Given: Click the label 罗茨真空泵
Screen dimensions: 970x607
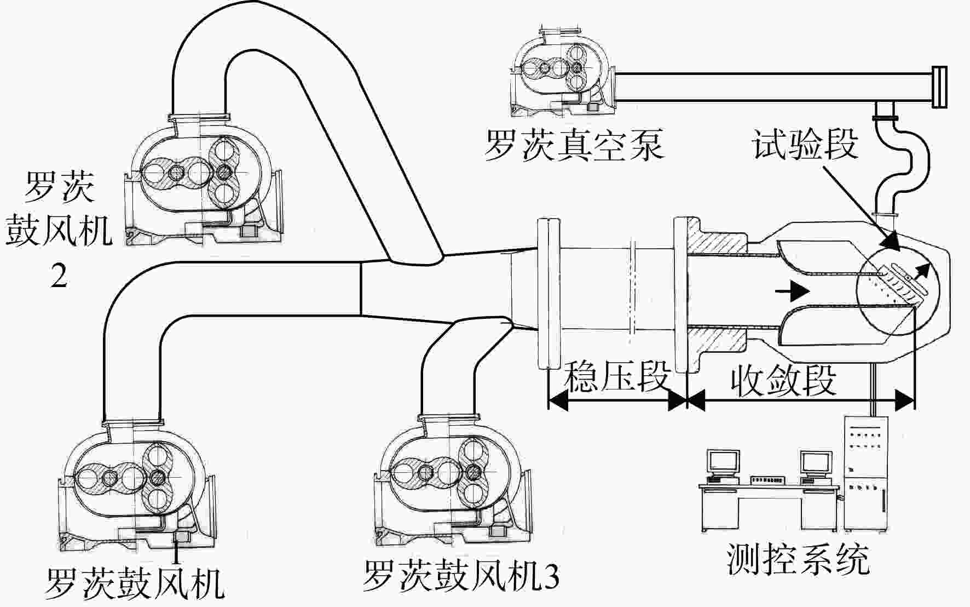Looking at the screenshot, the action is tap(574, 145).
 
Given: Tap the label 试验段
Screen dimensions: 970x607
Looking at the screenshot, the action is tap(804, 145).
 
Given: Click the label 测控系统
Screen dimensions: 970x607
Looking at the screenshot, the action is tap(798, 559).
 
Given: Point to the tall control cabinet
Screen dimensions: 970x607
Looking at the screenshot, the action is tap(865, 473).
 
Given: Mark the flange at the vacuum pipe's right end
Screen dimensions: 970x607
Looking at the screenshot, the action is tap(938, 87).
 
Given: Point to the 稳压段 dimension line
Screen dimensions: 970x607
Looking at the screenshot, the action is tap(617, 402).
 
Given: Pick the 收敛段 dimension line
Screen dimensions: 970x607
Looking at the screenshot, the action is tap(800, 402).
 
